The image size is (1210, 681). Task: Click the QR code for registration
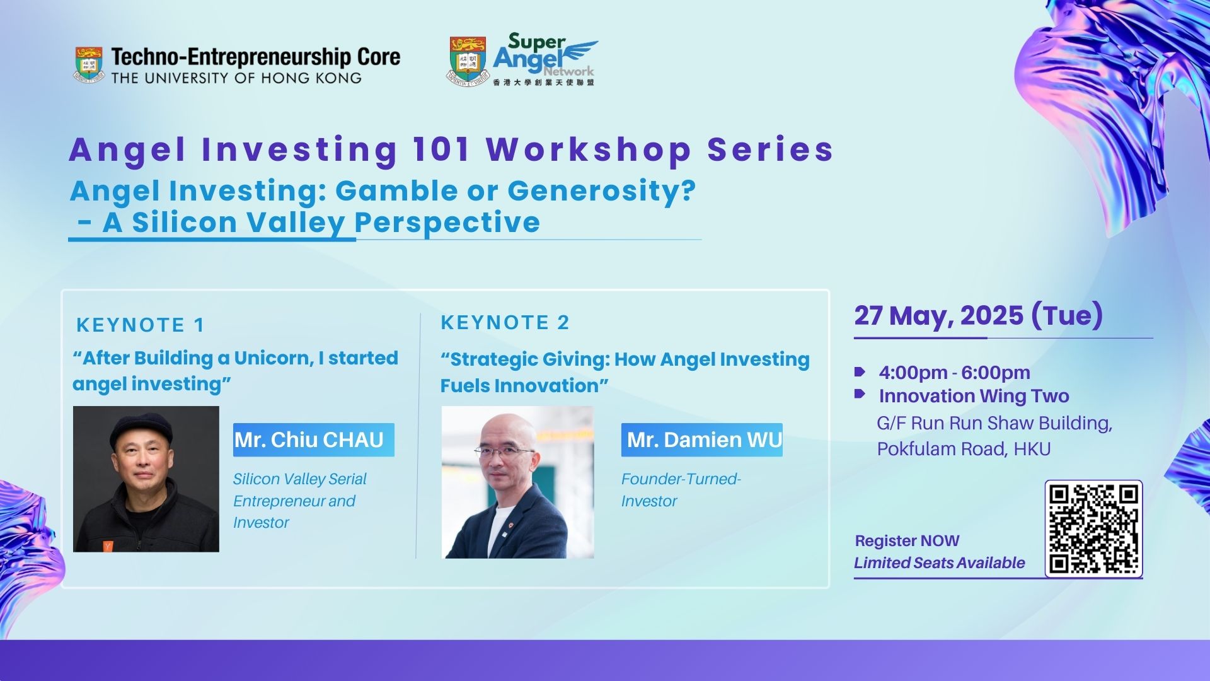click(1093, 529)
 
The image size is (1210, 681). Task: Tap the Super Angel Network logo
click(522, 60)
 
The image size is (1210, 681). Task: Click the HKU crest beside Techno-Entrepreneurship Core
click(89, 65)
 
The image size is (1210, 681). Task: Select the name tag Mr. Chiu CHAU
click(314, 439)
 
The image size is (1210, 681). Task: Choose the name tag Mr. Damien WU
click(702, 439)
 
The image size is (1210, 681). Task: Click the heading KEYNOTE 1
click(141, 325)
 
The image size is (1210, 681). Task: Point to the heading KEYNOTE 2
click(505, 322)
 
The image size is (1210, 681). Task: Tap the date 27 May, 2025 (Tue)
click(978, 315)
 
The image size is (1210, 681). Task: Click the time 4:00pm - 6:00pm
click(954, 373)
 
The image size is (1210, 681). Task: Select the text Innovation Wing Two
click(974, 396)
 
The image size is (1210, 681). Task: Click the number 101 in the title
click(441, 149)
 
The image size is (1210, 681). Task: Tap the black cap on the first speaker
click(141, 429)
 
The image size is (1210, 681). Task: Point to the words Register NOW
click(907, 541)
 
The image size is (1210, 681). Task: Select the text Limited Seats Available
click(939, 563)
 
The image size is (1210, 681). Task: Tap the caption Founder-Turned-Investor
click(681, 490)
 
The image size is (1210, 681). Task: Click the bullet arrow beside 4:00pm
click(860, 371)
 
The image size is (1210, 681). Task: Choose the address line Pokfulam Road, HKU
click(964, 449)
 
